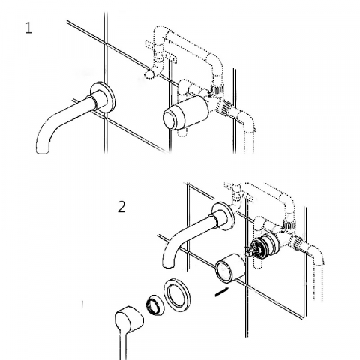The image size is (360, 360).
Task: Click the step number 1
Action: (28, 28)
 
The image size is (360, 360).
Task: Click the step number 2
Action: (121, 207)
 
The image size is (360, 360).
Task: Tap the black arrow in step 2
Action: (222, 292)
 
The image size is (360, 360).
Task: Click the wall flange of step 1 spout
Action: (103, 97)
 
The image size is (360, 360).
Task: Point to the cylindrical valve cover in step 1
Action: (186, 112)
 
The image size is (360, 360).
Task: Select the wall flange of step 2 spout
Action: (223, 216)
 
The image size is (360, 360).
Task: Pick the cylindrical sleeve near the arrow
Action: (230, 268)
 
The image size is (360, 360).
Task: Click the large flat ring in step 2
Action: (177, 295)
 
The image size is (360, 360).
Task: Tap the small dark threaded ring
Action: (154, 304)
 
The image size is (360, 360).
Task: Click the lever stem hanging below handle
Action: (123, 345)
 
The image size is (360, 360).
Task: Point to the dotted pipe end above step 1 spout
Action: (150, 74)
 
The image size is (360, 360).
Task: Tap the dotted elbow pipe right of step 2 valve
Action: (316, 265)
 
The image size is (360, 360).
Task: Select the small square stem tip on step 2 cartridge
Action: (248, 253)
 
